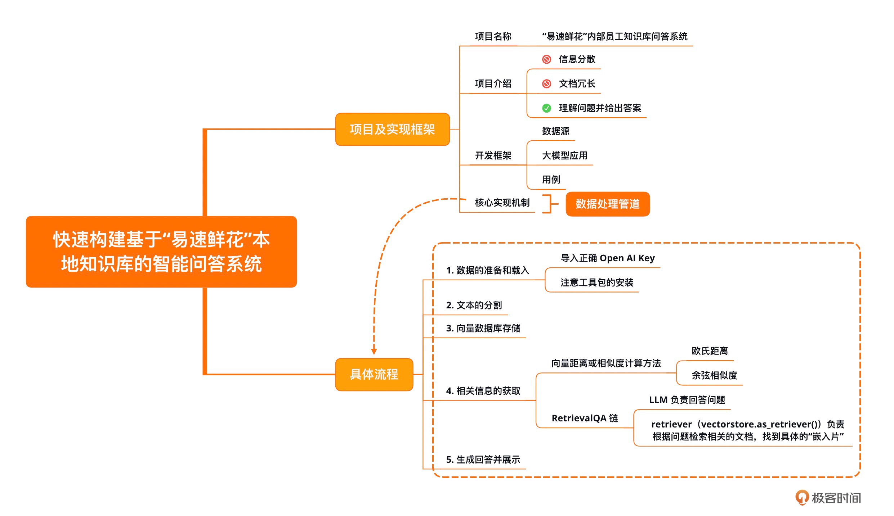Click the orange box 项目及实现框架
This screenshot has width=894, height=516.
point(392,130)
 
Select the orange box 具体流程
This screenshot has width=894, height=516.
point(374,375)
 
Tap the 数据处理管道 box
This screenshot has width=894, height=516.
point(608,204)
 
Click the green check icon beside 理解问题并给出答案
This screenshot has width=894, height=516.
point(546,108)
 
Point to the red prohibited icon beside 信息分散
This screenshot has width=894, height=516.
point(546,59)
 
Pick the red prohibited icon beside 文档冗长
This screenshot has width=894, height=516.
point(546,84)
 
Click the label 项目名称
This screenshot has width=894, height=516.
point(493,36)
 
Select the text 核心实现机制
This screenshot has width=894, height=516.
point(502,203)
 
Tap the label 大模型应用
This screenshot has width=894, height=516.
point(564,156)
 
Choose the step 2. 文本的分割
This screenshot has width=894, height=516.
point(474,305)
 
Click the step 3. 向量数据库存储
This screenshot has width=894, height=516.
point(483,329)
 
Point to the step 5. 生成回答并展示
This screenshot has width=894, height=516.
point(483,460)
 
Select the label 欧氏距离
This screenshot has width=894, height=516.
point(710,351)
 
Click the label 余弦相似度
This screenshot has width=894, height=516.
point(714,376)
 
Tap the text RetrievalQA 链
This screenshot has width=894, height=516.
point(585,418)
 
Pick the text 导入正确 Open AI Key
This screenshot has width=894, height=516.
point(607,258)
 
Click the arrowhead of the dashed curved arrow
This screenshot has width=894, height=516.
point(374,352)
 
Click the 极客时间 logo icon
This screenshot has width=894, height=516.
point(802,498)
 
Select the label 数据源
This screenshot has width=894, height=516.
point(555,131)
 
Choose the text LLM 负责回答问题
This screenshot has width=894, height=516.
point(687,400)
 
